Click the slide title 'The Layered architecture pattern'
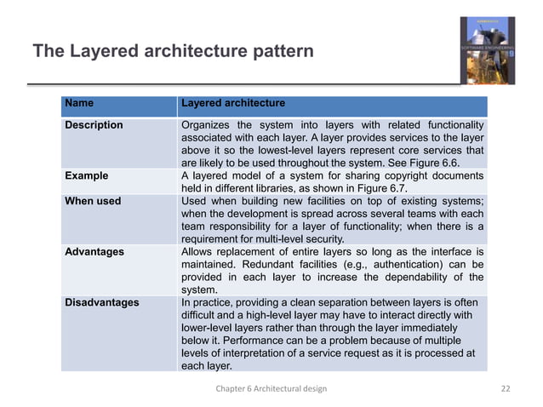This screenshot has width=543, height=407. (173, 52)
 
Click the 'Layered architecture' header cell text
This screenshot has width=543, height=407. (233, 104)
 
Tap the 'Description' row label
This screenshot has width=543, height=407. (94, 125)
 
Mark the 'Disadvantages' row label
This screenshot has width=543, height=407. (101, 302)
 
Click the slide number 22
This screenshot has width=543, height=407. (506, 388)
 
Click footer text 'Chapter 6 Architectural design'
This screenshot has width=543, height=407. (271, 388)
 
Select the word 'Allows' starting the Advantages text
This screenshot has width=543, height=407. (198, 252)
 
